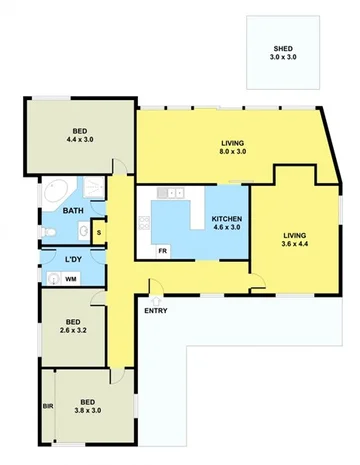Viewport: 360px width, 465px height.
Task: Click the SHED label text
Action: point(284,50)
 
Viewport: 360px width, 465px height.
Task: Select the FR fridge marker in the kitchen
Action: point(162,251)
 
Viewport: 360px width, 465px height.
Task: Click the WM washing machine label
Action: point(71,279)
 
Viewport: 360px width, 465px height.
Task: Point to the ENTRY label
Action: point(156,311)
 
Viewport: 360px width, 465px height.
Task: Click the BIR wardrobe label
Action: point(47,406)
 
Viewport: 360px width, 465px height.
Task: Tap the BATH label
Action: point(73,211)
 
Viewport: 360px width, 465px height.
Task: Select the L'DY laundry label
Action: point(72,261)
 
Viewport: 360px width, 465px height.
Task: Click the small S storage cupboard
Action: point(98,232)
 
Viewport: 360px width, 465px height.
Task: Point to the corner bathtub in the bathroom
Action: point(54,191)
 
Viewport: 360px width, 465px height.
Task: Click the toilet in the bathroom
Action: point(49,233)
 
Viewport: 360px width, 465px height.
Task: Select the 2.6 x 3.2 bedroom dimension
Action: point(73,329)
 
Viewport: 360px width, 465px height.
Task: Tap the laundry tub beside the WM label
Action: point(50,279)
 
